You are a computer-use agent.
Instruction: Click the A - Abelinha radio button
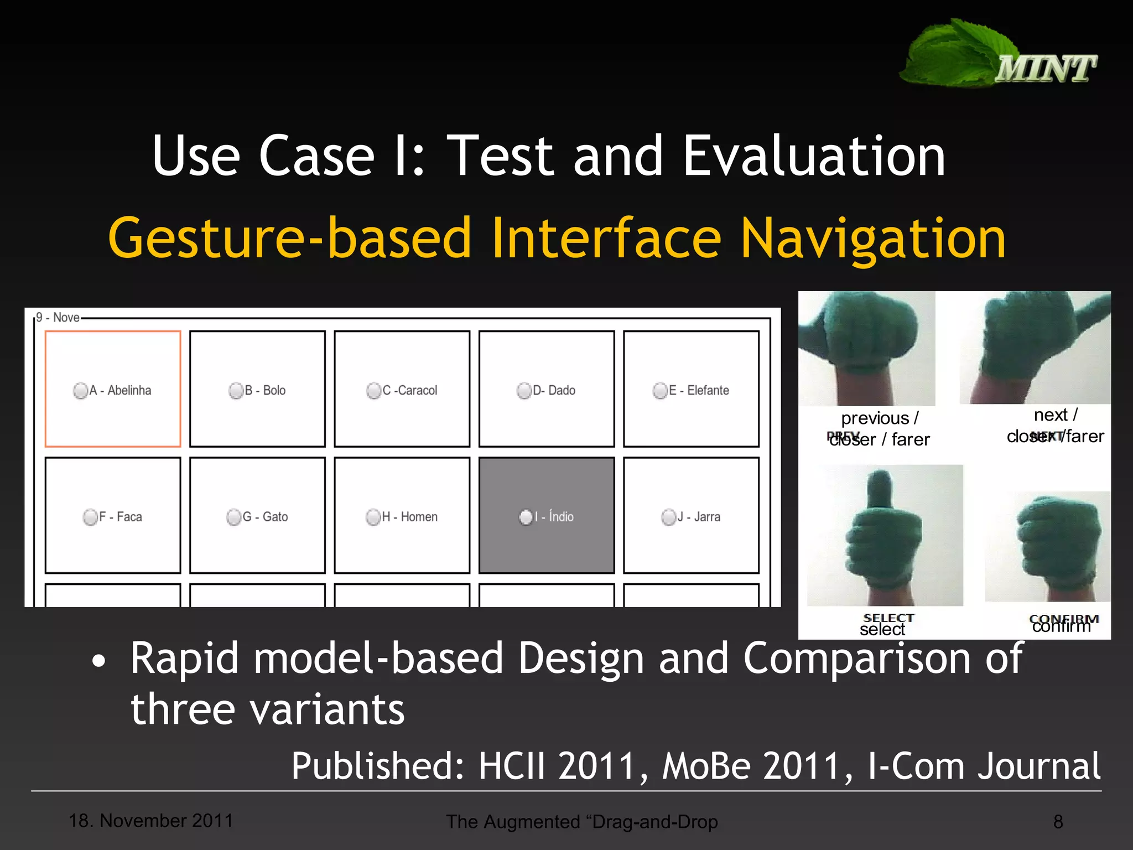pos(80,391)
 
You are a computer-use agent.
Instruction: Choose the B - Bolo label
pos(265,391)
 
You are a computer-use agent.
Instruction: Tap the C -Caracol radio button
pos(373,391)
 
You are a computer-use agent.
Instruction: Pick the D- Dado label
pos(554,391)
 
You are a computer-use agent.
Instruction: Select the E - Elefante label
pos(699,391)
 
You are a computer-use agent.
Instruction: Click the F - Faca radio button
pos(90,517)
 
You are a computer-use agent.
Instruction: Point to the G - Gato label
pos(265,517)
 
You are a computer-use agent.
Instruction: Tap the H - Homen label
pos(409,517)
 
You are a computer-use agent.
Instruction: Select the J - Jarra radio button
pos(668,517)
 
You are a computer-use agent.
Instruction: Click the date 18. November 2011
pos(150,821)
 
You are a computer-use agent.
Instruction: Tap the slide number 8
pos(1058,822)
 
